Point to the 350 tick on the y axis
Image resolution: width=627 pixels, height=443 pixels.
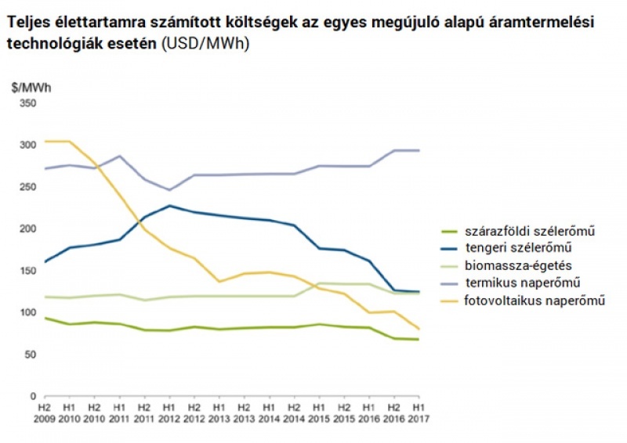[27, 103]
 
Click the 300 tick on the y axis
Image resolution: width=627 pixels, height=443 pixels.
[27, 145]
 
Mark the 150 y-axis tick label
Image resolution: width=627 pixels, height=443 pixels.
[27, 271]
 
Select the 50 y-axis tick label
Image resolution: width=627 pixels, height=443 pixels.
[30, 355]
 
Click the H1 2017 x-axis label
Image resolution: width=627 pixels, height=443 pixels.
[419, 413]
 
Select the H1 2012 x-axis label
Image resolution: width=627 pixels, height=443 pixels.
[169, 413]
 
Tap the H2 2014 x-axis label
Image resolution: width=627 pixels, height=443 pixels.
[294, 413]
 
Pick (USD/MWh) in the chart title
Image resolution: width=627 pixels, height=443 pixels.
[205, 43]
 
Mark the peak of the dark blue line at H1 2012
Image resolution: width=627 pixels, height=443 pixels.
[169, 206]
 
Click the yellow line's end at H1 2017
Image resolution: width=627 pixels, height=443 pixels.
[419, 329]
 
